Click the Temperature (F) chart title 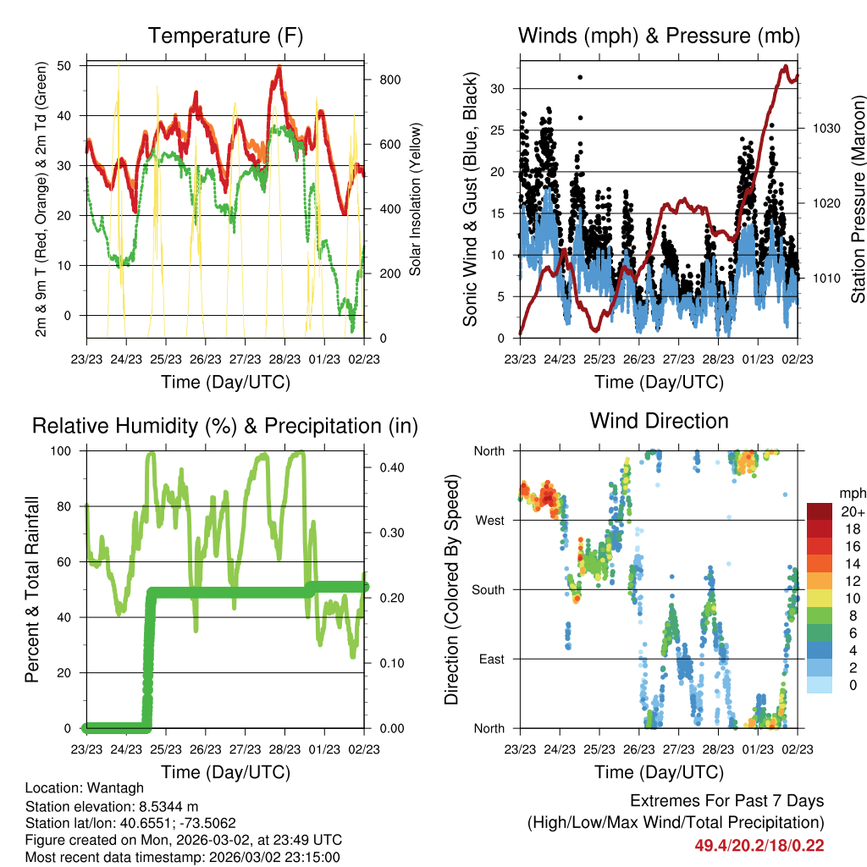click(225, 36)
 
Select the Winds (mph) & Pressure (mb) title click(660, 36)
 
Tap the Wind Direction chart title click(659, 421)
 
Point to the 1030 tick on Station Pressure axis click(823, 129)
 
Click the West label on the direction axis click(490, 521)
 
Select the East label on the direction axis click(492, 659)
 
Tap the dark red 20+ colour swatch click(819, 511)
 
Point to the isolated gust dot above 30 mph click(580, 77)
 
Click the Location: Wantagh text click(76, 789)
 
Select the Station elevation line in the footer click(112, 806)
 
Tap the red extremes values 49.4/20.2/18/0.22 click(759, 845)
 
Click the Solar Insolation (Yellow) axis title click(415, 200)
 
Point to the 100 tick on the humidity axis click(69, 450)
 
